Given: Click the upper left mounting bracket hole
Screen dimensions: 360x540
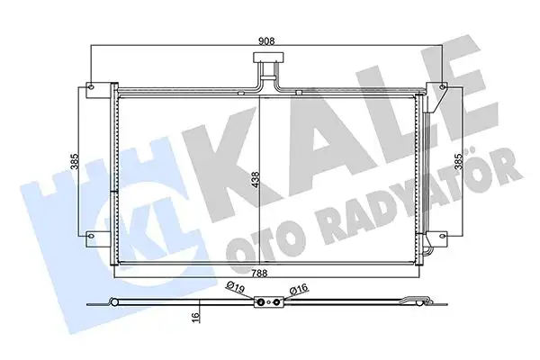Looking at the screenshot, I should click(x=90, y=88).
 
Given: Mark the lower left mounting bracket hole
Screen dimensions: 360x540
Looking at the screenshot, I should click(x=90, y=239).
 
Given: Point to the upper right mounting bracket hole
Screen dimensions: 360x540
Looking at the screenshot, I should click(x=445, y=88).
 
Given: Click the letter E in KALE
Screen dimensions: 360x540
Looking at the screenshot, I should click(x=459, y=85).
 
